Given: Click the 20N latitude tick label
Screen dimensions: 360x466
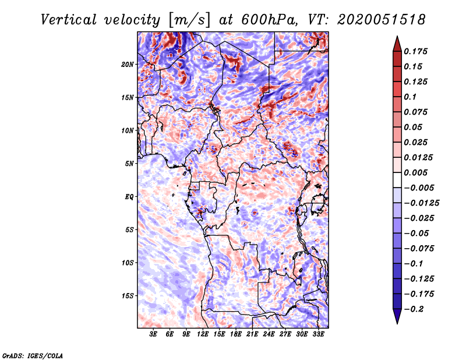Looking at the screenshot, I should [x=128, y=64].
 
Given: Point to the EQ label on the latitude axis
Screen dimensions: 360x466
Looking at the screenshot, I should [x=129, y=196].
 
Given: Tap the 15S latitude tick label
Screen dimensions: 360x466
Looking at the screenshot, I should [x=128, y=295].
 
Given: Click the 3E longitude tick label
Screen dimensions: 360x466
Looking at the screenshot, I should [x=154, y=334].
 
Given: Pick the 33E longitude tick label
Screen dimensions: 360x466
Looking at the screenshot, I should [x=318, y=334].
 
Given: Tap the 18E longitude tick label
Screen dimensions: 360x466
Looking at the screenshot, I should [x=236, y=334].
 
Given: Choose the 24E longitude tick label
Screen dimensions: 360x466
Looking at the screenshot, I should [x=269, y=334].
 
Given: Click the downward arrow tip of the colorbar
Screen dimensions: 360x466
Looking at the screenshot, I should [x=396, y=322].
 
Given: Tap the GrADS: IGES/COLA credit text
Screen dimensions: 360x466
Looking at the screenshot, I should [x=33, y=355].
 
